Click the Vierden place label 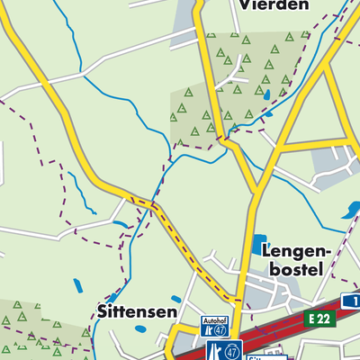click(x=274, y=5)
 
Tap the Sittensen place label click(x=134, y=310)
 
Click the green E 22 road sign click(x=320, y=318)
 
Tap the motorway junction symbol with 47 click(x=225, y=349)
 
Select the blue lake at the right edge click(x=347, y=212)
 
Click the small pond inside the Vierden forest click(x=267, y=93)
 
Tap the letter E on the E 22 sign click(x=311, y=318)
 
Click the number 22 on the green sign click(x=326, y=318)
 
